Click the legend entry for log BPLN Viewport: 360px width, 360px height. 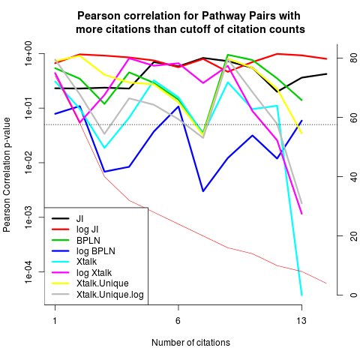coord(83,251)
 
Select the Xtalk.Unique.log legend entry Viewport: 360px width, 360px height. coord(97,294)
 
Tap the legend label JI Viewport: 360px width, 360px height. coord(67,219)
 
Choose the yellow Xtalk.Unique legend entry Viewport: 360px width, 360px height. coord(90,283)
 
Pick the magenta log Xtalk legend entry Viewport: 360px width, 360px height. coord(82,272)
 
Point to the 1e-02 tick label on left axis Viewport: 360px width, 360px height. coord(29,163)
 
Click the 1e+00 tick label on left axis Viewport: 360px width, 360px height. coord(29,53)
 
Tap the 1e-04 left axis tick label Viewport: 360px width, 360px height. coord(29,271)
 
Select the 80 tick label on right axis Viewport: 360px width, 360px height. coord(353,58)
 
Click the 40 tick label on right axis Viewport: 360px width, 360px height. coord(353,176)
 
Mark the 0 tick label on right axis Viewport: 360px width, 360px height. coord(353,295)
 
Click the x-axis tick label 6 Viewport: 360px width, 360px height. coord(178,320)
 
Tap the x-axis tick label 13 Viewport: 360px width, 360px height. coord(301,320)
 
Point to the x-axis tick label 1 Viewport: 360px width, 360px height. coord(55,320)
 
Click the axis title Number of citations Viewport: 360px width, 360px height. coord(190,343)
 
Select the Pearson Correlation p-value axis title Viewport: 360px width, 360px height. coord(7,175)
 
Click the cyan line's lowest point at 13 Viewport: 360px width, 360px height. coord(301,295)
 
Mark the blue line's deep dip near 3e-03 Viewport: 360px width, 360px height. coord(203,191)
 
